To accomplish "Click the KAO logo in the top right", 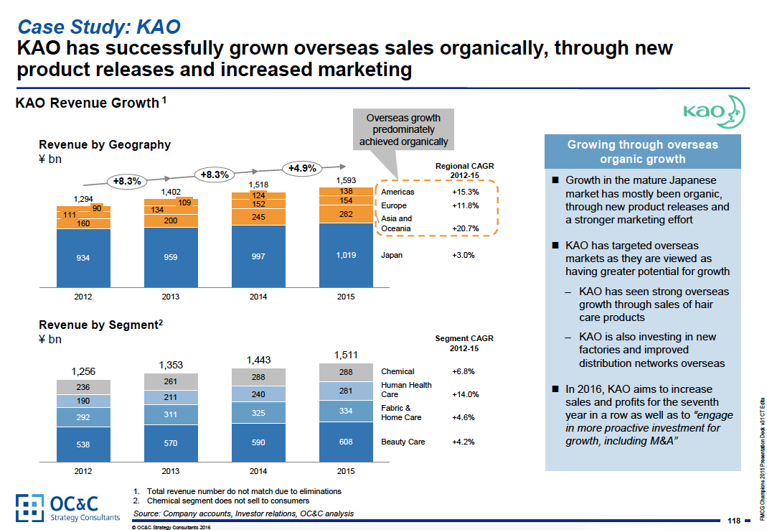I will [x=713, y=111].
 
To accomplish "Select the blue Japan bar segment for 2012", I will [x=83, y=258].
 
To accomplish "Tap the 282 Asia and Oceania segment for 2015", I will [x=346, y=213].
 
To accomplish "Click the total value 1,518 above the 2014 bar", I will [x=258, y=185].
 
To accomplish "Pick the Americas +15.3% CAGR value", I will [x=465, y=192].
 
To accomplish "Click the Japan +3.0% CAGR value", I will [x=463, y=254].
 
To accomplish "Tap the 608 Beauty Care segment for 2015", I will [x=346, y=442].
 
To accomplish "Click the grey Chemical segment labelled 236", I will [x=83, y=386].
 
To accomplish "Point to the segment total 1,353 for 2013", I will [x=171, y=364].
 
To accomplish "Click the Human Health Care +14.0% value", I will [x=465, y=394].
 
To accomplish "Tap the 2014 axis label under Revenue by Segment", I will [x=258, y=471].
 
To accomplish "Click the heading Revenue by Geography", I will [x=105, y=144].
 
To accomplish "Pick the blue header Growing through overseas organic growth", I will [x=642, y=152].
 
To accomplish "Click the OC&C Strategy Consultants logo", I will [x=67, y=508].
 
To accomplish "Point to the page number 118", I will [x=733, y=521].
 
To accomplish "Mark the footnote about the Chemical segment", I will [x=228, y=501].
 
